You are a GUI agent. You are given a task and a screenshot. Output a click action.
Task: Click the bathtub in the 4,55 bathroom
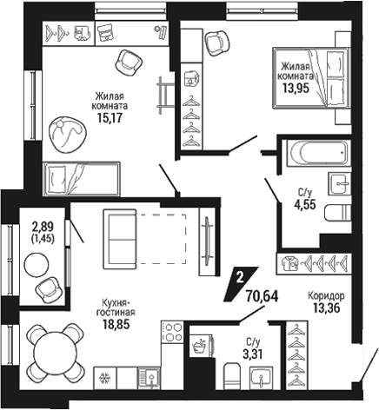319,154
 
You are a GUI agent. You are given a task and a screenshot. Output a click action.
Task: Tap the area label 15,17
110,118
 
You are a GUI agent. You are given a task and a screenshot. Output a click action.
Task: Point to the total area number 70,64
262,296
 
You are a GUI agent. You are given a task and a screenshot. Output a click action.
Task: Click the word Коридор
326,296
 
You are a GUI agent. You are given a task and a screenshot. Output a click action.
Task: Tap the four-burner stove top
172,333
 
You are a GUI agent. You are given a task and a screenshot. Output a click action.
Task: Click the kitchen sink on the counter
149,378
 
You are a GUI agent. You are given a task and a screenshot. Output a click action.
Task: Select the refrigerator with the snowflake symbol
104,378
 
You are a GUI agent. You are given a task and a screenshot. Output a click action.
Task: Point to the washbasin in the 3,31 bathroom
262,378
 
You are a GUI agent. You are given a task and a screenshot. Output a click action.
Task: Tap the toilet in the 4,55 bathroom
338,213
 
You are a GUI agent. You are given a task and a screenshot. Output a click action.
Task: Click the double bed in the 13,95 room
312,78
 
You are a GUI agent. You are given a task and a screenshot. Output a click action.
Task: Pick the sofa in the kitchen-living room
120,240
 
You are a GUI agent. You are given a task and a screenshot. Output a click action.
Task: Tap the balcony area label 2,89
43,225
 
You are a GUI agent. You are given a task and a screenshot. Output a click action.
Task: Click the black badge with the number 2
241,283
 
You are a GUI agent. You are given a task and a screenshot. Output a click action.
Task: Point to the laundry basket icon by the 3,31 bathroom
200,345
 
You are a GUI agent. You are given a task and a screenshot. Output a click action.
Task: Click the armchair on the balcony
48,290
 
